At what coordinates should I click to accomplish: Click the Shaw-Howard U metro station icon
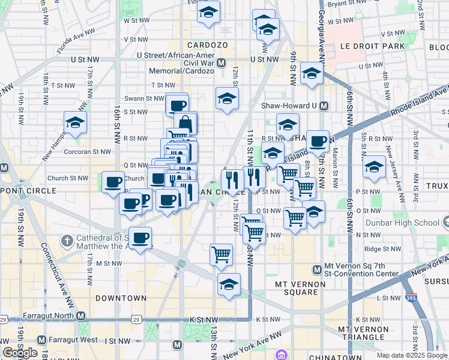(x=324, y=106)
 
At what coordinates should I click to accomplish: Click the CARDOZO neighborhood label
(x=206, y=45)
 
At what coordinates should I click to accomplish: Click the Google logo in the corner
(x=20, y=353)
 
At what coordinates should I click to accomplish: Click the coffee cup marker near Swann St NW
(x=177, y=106)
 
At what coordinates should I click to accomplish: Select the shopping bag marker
(x=186, y=124)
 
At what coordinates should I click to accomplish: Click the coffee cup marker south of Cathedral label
(x=140, y=238)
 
